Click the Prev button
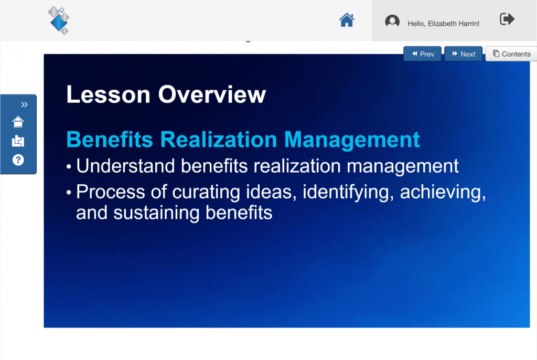[422, 54]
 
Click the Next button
[463, 54]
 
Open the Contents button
[511, 54]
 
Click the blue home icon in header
[347, 20]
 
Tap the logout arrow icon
[507, 19]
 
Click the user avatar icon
[392, 22]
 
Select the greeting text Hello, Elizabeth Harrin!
[443, 24]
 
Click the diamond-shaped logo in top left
[59, 20]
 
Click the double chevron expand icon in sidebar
[24, 105]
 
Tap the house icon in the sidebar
[18, 122]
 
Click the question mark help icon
[18, 160]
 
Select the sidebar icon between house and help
[18, 141]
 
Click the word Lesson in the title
[109, 95]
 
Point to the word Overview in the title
[212, 95]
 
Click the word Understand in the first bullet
[125, 166]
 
